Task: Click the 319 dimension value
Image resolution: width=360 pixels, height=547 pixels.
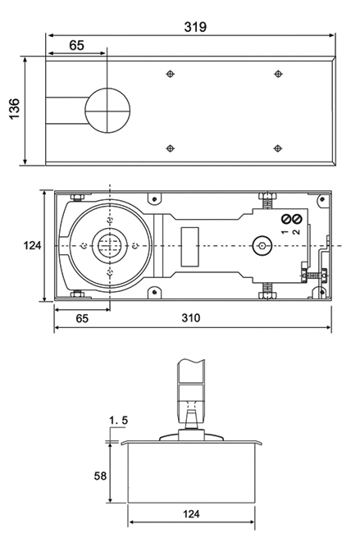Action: (x=195, y=27)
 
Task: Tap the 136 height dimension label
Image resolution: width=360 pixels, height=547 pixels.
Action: (x=14, y=109)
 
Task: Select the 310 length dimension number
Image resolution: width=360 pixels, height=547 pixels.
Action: (x=191, y=318)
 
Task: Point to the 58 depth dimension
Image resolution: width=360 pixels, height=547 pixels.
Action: (x=100, y=476)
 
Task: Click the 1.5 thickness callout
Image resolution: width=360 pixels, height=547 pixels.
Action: (x=119, y=421)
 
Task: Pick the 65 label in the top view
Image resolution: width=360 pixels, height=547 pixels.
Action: (x=76, y=45)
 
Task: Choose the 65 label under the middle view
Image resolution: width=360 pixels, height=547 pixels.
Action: (x=82, y=318)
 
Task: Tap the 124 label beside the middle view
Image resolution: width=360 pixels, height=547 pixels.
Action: (x=32, y=245)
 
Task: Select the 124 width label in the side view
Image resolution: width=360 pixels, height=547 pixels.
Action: (x=191, y=514)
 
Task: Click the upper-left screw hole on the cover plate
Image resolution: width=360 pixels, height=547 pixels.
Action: (x=170, y=74)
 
